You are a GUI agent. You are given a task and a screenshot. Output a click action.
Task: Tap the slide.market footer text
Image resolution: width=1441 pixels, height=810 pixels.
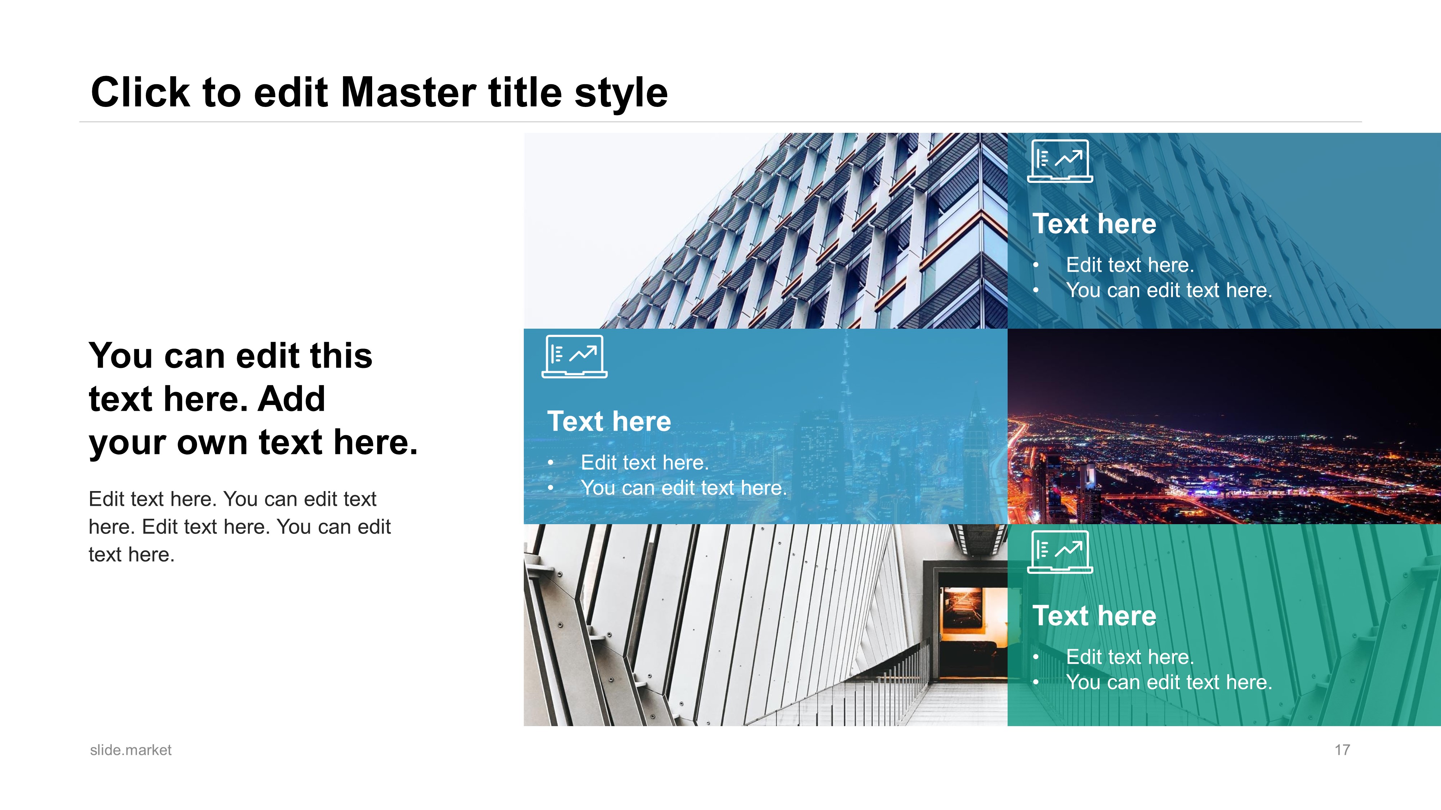(131, 750)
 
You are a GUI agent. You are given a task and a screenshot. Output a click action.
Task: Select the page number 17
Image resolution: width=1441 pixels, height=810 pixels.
(1342, 750)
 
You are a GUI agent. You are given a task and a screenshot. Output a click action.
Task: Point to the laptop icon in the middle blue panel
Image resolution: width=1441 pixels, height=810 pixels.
(575, 357)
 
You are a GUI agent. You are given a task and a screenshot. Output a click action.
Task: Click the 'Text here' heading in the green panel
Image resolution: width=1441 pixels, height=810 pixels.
(1094, 616)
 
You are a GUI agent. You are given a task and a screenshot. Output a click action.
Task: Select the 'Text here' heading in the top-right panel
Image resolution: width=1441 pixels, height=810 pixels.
(1094, 224)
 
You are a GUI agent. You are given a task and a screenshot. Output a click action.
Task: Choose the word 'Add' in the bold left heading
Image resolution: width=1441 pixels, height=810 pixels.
(291, 399)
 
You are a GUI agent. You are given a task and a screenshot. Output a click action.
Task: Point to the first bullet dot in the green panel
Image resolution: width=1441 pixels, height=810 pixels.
(1036, 657)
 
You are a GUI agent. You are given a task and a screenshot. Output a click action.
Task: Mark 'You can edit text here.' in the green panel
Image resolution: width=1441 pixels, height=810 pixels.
(1169, 682)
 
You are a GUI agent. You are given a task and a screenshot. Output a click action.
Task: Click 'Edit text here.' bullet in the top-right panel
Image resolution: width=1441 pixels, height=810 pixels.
(1130, 265)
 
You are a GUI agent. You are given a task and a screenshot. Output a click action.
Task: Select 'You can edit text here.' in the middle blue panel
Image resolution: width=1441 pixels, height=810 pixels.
(684, 488)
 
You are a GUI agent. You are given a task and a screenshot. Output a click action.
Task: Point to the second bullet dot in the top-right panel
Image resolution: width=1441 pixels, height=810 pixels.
(1036, 291)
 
